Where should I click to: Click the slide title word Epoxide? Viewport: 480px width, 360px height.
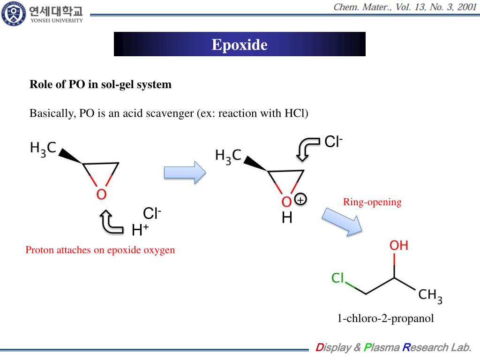pos(240,45)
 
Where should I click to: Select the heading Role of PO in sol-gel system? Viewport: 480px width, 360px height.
pos(100,84)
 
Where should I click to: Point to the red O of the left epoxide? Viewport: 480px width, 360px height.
pos(101,194)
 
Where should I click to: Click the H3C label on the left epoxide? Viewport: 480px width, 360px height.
pos(43,148)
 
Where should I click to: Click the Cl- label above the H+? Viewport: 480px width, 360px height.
pos(152,214)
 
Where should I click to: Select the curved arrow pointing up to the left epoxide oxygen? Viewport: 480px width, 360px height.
pos(111,222)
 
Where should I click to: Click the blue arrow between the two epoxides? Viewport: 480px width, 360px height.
pos(184,172)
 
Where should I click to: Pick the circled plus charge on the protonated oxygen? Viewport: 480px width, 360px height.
pos(300,200)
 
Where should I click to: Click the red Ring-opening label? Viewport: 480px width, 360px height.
pos(372,202)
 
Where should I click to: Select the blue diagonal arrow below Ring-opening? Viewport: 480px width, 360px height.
pos(342,222)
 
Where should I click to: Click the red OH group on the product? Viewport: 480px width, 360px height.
pos(398,245)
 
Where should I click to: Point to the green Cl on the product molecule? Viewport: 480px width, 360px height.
pos(337,278)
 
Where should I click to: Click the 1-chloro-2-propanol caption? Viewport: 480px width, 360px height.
pos(385,319)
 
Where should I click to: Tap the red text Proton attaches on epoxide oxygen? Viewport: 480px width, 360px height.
pos(100,250)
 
